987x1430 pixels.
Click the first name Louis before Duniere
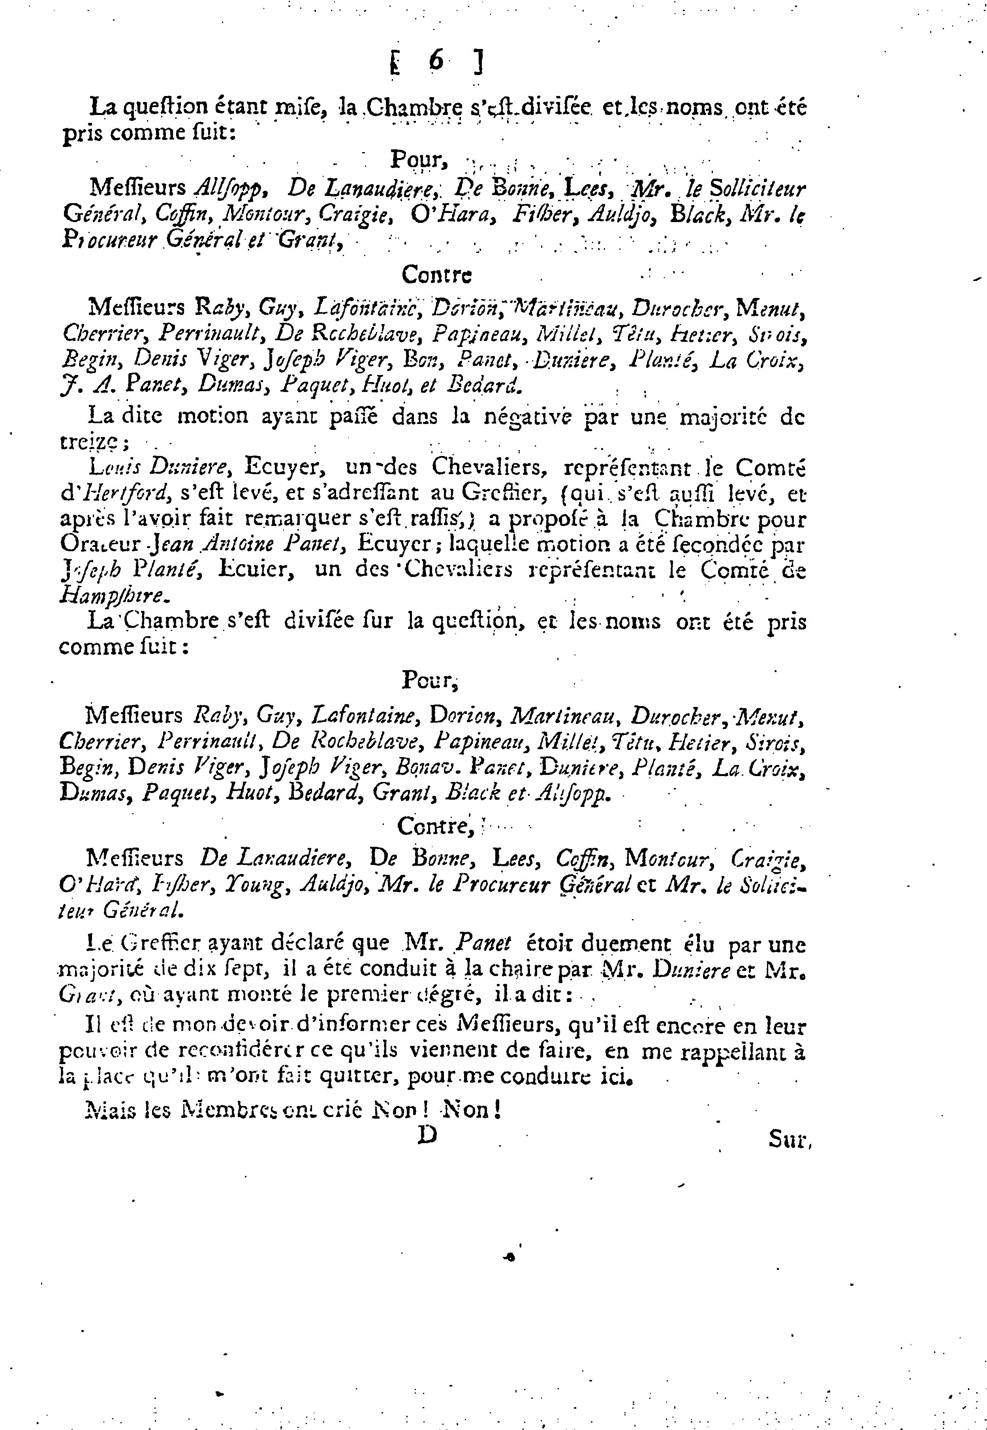(x=109, y=467)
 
